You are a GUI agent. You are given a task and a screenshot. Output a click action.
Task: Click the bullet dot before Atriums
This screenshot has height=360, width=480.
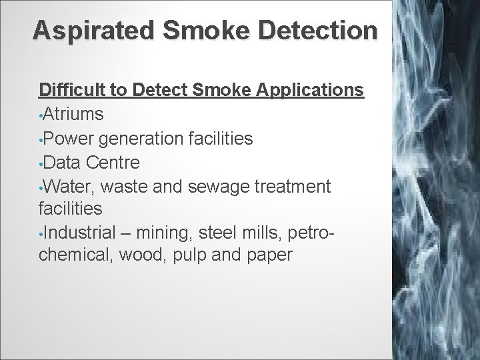41,115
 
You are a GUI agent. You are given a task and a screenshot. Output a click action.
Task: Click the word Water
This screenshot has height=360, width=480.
65,186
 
